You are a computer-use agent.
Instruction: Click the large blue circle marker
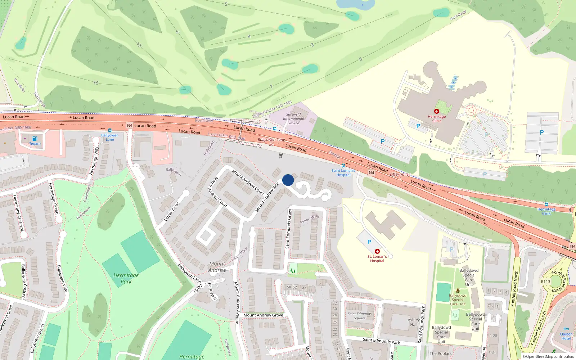tap(288, 180)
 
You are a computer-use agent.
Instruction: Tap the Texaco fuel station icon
tap(35, 139)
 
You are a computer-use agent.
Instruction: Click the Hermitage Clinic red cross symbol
tap(437, 112)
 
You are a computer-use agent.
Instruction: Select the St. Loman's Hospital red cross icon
tap(377, 251)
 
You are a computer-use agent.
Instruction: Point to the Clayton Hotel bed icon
tap(566, 329)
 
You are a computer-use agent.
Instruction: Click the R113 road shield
tap(545, 282)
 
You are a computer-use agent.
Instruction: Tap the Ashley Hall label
tap(414, 322)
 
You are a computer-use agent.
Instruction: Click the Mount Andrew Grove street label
tap(263, 315)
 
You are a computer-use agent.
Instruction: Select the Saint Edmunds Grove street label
tap(288, 229)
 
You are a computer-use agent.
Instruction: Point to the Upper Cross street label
tap(172, 211)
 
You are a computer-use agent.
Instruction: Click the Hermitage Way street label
tap(94, 161)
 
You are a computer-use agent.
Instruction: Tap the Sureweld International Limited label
tap(293, 118)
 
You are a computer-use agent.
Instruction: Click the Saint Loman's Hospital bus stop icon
tap(343, 166)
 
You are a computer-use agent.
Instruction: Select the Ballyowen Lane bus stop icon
tap(110, 130)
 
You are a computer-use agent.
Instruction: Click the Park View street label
tap(212, 291)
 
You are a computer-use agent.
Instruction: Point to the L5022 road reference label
tap(198, 288)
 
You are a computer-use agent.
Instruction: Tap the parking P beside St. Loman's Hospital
tap(369, 242)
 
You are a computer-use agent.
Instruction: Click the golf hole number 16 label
tap(96, 82)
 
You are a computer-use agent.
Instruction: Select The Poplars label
tap(440, 354)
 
